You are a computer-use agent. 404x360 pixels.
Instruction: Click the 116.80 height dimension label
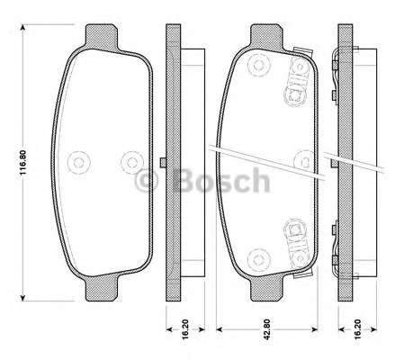[23, 162]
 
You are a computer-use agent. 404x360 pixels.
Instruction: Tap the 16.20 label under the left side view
[185, 329]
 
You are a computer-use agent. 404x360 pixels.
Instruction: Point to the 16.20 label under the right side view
[357, 329]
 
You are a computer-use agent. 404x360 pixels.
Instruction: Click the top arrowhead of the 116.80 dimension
[22, 28]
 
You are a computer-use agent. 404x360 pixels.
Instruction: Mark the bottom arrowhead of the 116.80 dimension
[22, 297]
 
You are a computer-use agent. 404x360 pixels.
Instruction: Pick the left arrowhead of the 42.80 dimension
[220, 329]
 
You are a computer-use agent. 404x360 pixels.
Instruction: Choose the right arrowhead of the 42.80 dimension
[314, 329]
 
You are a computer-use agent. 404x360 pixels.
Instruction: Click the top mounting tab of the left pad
[102, 37]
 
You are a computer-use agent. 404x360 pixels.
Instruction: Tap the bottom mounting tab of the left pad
[102, 288]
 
